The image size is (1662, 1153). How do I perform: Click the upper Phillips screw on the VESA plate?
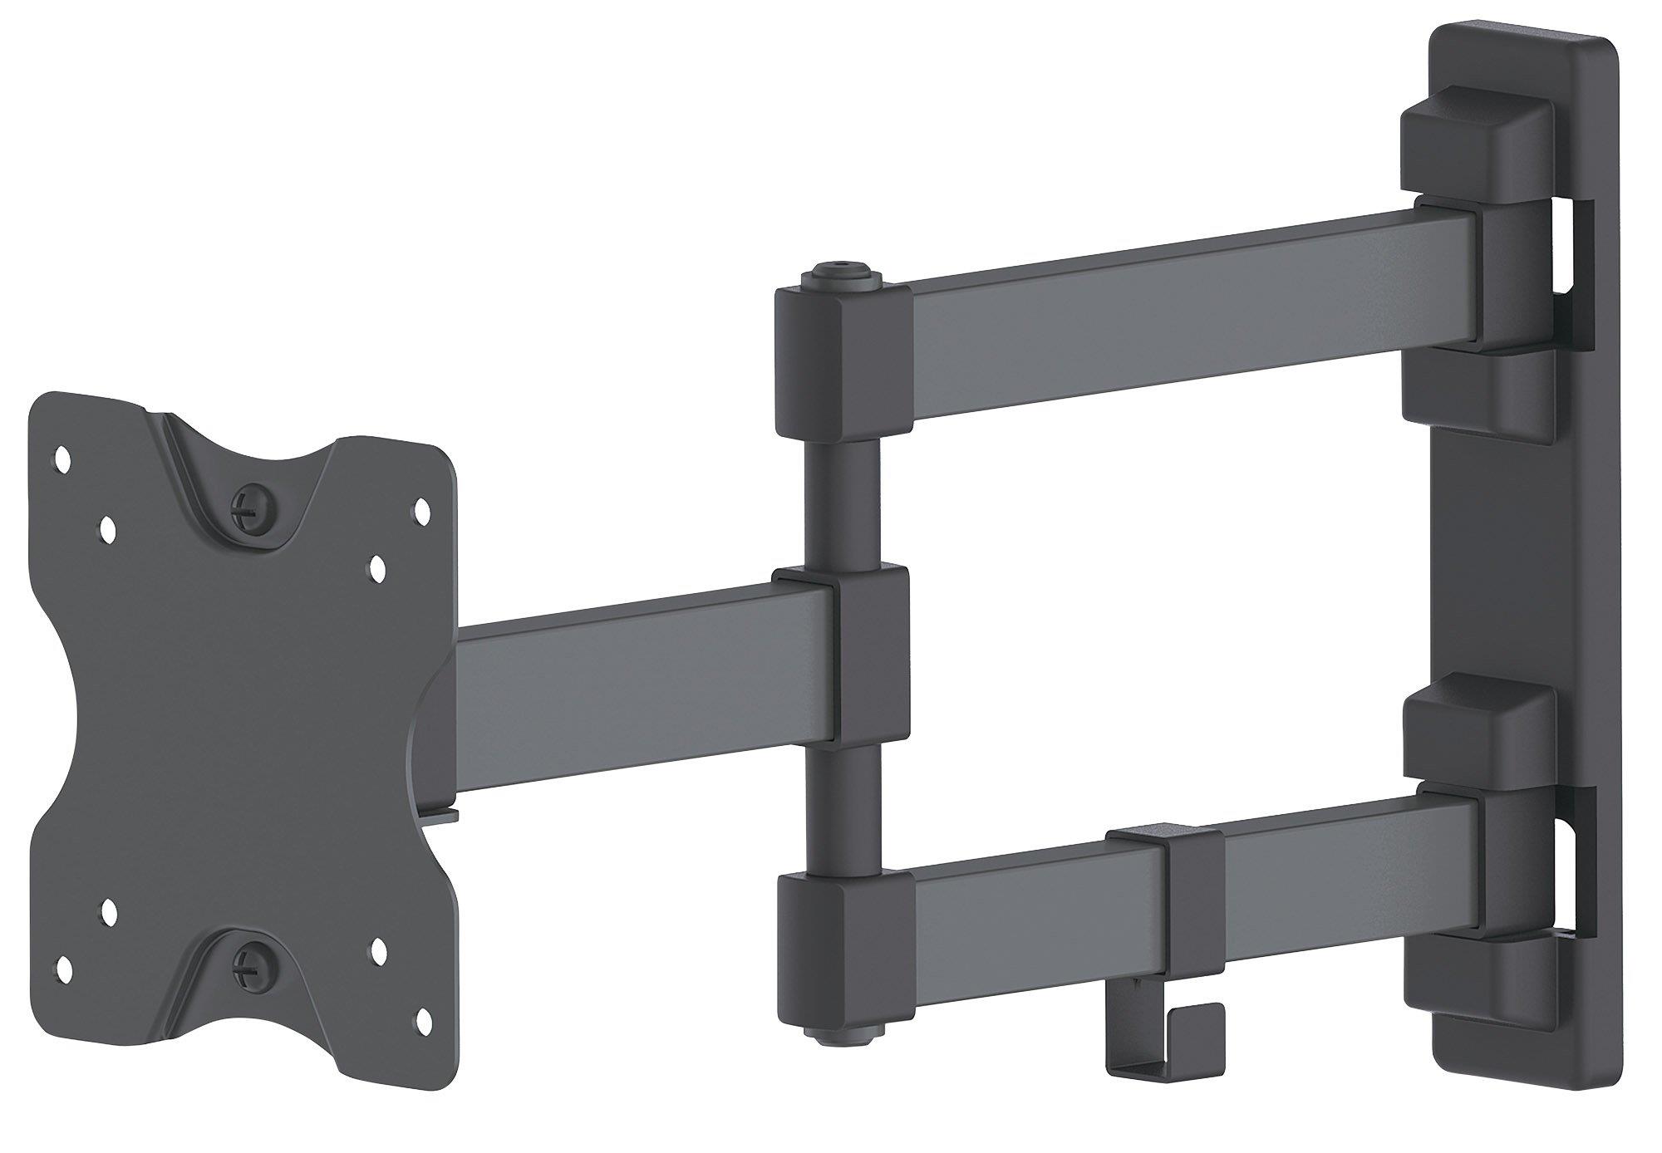[x=252, y=503]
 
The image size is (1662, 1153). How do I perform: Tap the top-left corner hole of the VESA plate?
[x=61, y=455]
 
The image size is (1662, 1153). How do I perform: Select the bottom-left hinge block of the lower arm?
[x=835, y=939]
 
